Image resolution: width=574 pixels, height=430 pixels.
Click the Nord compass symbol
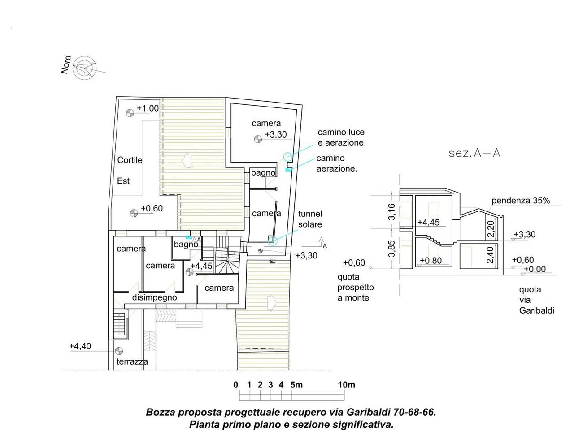point(84,69)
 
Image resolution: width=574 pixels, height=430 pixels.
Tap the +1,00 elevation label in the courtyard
point(148,108)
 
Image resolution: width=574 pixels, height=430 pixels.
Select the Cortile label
point(130,160)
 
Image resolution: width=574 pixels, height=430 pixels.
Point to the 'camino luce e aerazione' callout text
point(342,138)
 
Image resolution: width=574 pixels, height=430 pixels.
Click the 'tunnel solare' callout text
point(310,219)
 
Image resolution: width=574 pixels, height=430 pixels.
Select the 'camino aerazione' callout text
point(337,163)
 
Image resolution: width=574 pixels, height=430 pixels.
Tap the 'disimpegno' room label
point(155,297)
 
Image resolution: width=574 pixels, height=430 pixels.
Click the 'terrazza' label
point(132,361)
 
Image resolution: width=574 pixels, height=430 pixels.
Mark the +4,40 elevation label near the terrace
point(80,346)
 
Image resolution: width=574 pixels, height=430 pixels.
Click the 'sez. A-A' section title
point(474,153)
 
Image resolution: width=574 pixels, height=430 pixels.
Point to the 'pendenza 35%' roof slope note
point(521,201)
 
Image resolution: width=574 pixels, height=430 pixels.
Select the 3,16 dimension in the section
point(391,212)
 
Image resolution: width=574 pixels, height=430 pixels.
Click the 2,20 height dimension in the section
point(491,229)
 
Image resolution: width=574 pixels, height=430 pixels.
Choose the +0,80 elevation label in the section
point(430,260)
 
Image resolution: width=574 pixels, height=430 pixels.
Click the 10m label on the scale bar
point(347,385)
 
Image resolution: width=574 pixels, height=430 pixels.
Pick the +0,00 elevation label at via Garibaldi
point(535,269)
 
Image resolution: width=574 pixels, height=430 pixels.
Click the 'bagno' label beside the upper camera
point(263,172)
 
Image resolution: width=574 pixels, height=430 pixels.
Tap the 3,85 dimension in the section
point(391,248)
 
